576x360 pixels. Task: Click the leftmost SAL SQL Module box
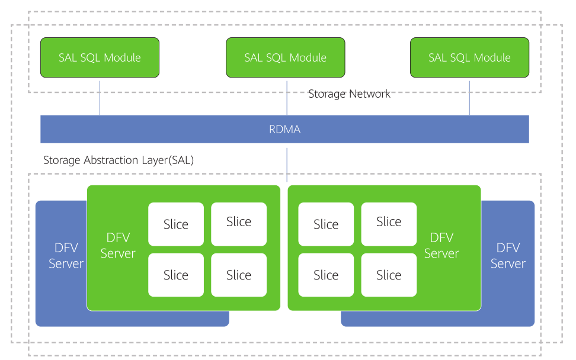coord(100,57)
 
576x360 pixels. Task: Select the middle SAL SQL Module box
coord(285,57)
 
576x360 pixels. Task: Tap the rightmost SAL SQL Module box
coord(469,57)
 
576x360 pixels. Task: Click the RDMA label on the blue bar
coord(285,129)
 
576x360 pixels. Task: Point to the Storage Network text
coord(349,94)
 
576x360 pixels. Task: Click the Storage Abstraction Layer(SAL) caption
coord(119,160)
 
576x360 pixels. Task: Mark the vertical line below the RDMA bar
coord(287,165)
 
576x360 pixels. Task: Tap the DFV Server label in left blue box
coord(66,256)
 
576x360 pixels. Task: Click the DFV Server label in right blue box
coord(508,256)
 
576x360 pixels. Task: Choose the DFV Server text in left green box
coord(118,246)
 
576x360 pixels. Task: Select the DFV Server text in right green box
coord(441,246)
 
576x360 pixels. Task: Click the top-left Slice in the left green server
coord(176,224)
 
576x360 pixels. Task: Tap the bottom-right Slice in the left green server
coord(239,275)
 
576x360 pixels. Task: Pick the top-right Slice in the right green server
coord(389,222)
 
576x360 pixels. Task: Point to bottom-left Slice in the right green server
coord(326,275)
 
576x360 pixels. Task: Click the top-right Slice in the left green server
coord(239,222)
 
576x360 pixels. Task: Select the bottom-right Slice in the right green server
coord(389,275)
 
